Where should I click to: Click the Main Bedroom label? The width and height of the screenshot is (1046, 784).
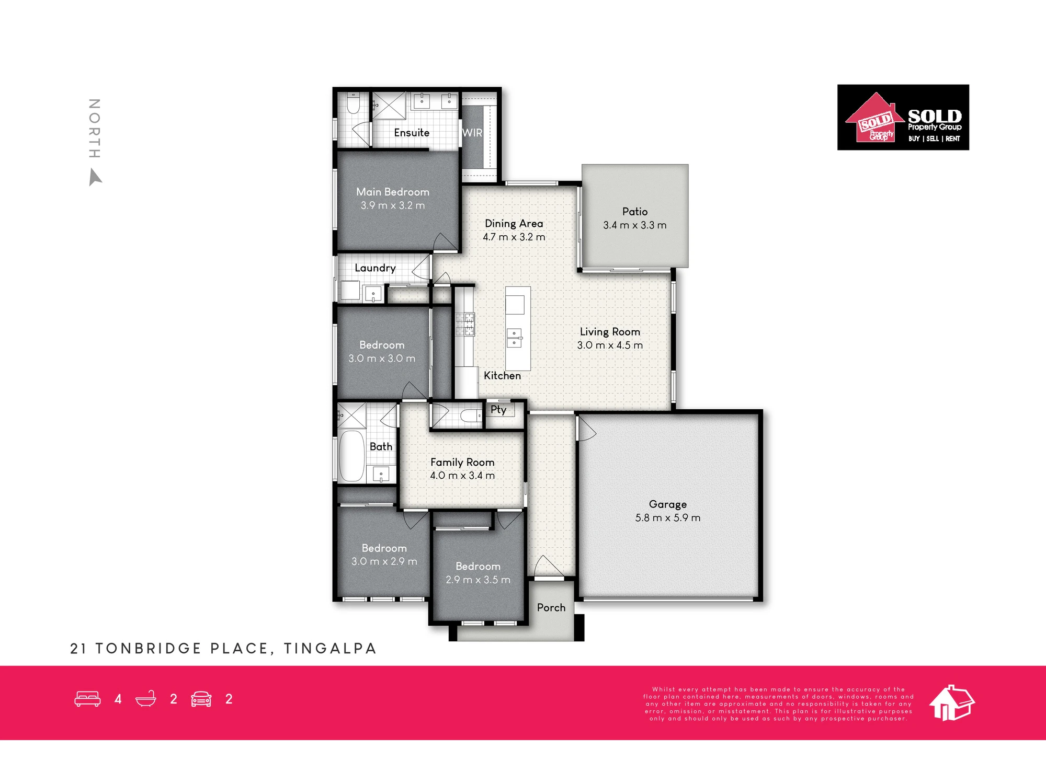tap(393, 192)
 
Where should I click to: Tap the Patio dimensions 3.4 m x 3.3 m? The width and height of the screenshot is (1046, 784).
tap(635, 225)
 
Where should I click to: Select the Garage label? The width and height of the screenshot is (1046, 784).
tap(668, 504)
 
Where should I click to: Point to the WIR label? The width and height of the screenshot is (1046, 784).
tap(472, 133)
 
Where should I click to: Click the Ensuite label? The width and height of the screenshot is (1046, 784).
tap(412, 133)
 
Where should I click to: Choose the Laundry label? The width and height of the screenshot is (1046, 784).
tap(375, 268)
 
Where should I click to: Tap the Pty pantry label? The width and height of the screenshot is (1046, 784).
tap(498, 410)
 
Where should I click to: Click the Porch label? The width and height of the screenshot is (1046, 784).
tap(551, 607)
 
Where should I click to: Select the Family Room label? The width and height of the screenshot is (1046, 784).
tap(462, 462)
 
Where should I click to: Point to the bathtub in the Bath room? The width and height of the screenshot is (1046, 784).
tap(351, 456)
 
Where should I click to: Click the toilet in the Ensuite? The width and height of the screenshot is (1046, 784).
tap(353, 103)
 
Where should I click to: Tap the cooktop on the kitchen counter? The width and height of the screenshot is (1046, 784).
tap(465, 324)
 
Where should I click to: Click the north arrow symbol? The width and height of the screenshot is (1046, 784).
tap(95, 177)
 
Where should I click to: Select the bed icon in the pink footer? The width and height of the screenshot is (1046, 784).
tap(87, 699)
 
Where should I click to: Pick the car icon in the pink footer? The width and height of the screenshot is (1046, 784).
tap(201, 699)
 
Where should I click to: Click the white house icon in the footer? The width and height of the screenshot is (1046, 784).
tap(952, 702)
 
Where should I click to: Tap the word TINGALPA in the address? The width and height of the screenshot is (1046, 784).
tap(330, 649)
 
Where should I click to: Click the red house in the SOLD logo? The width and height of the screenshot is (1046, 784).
tap(874, 118)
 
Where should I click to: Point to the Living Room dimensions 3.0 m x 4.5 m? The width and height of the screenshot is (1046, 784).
tap(610, 345)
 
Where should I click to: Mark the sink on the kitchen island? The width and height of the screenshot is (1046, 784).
tap(515, 338)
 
